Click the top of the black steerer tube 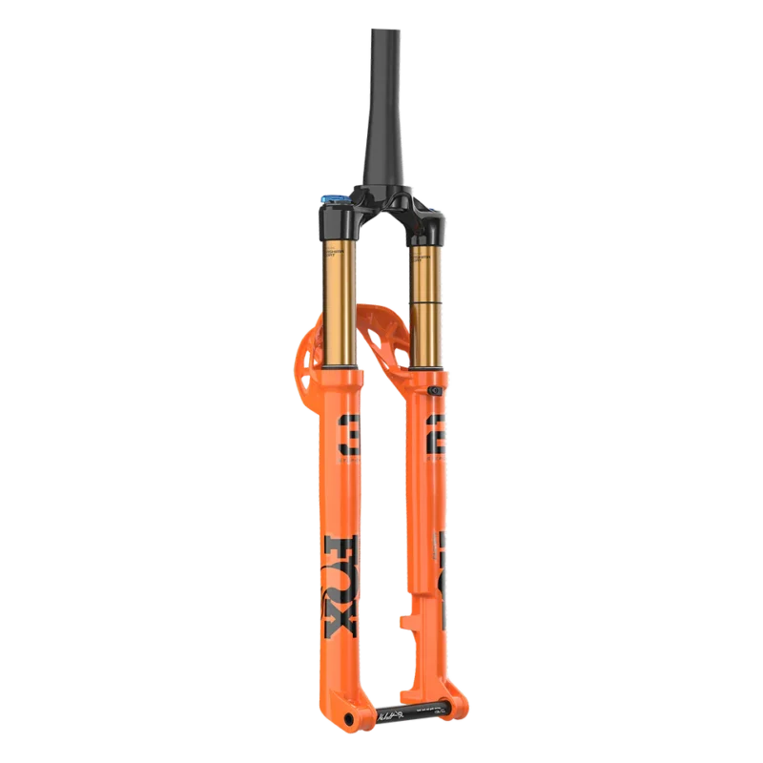coord(373,33)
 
